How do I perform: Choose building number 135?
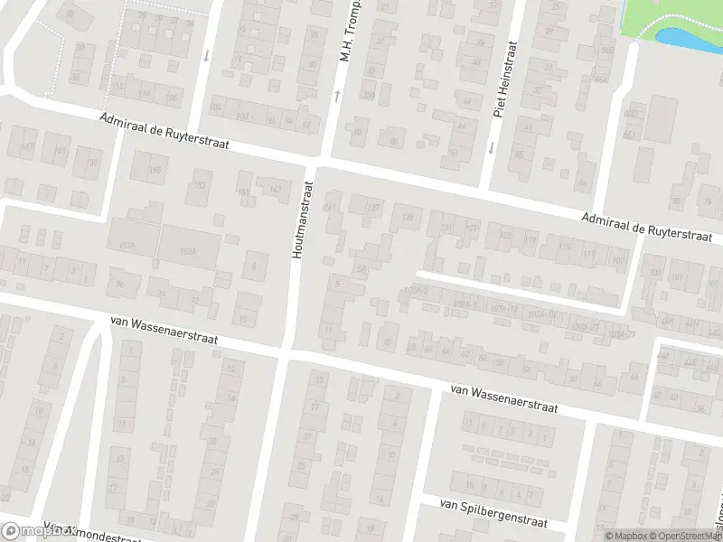tap(408, 216)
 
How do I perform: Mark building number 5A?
tap(361, 269)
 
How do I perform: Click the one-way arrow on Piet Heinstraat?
tap(491, 147)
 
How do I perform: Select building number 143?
tap(275, 189)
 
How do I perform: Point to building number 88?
tap(393, 141)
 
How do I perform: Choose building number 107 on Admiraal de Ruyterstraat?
tap(617, 262)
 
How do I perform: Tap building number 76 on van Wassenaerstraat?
tap(164, 293)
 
